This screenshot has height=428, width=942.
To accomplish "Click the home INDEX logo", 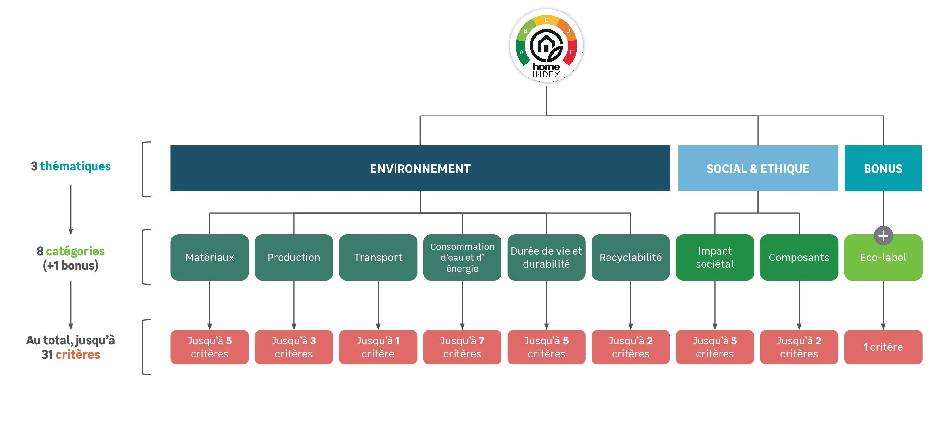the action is tap(546, 46).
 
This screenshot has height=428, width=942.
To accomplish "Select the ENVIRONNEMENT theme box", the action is tap(420, 168).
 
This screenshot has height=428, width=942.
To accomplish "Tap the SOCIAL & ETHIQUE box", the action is tap(758, 168).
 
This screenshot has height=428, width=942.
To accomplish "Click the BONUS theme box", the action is tap(883, 168).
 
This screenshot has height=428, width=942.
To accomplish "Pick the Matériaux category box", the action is tap(209, 257).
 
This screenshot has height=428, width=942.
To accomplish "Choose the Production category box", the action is tap(294, 257).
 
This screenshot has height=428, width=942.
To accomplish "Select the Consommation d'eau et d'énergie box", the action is tap(462, 257).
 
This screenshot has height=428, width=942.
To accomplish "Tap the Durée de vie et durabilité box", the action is tap(546, 257).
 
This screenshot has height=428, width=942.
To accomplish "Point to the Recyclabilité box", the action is tap(631, 257).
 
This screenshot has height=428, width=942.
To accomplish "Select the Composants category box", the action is tap(799, 257).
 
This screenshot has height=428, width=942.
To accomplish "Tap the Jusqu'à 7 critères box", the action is tap(462, 347).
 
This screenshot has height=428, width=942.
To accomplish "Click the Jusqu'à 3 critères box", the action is tap(294, 347).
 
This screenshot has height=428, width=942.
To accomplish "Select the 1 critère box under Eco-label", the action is tap(883, 347).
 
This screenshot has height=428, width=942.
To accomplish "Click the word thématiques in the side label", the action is tap(75, 167).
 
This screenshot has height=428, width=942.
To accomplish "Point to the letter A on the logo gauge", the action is tap(522, 52).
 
